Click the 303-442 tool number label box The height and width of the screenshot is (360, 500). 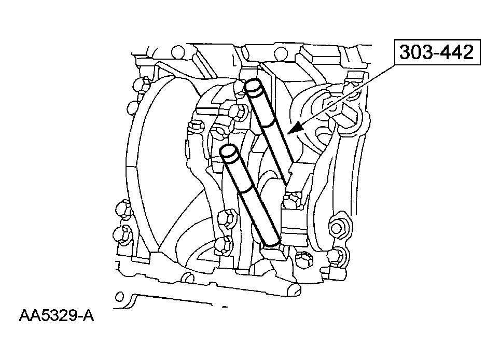(x=437, y=52)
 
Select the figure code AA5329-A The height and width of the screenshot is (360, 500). (x=57, y=316)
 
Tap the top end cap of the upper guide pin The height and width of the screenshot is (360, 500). (x=254, y=87)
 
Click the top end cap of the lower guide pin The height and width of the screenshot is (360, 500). (x=229, y=152)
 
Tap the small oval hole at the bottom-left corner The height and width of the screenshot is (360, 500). (x=119, y=297)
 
